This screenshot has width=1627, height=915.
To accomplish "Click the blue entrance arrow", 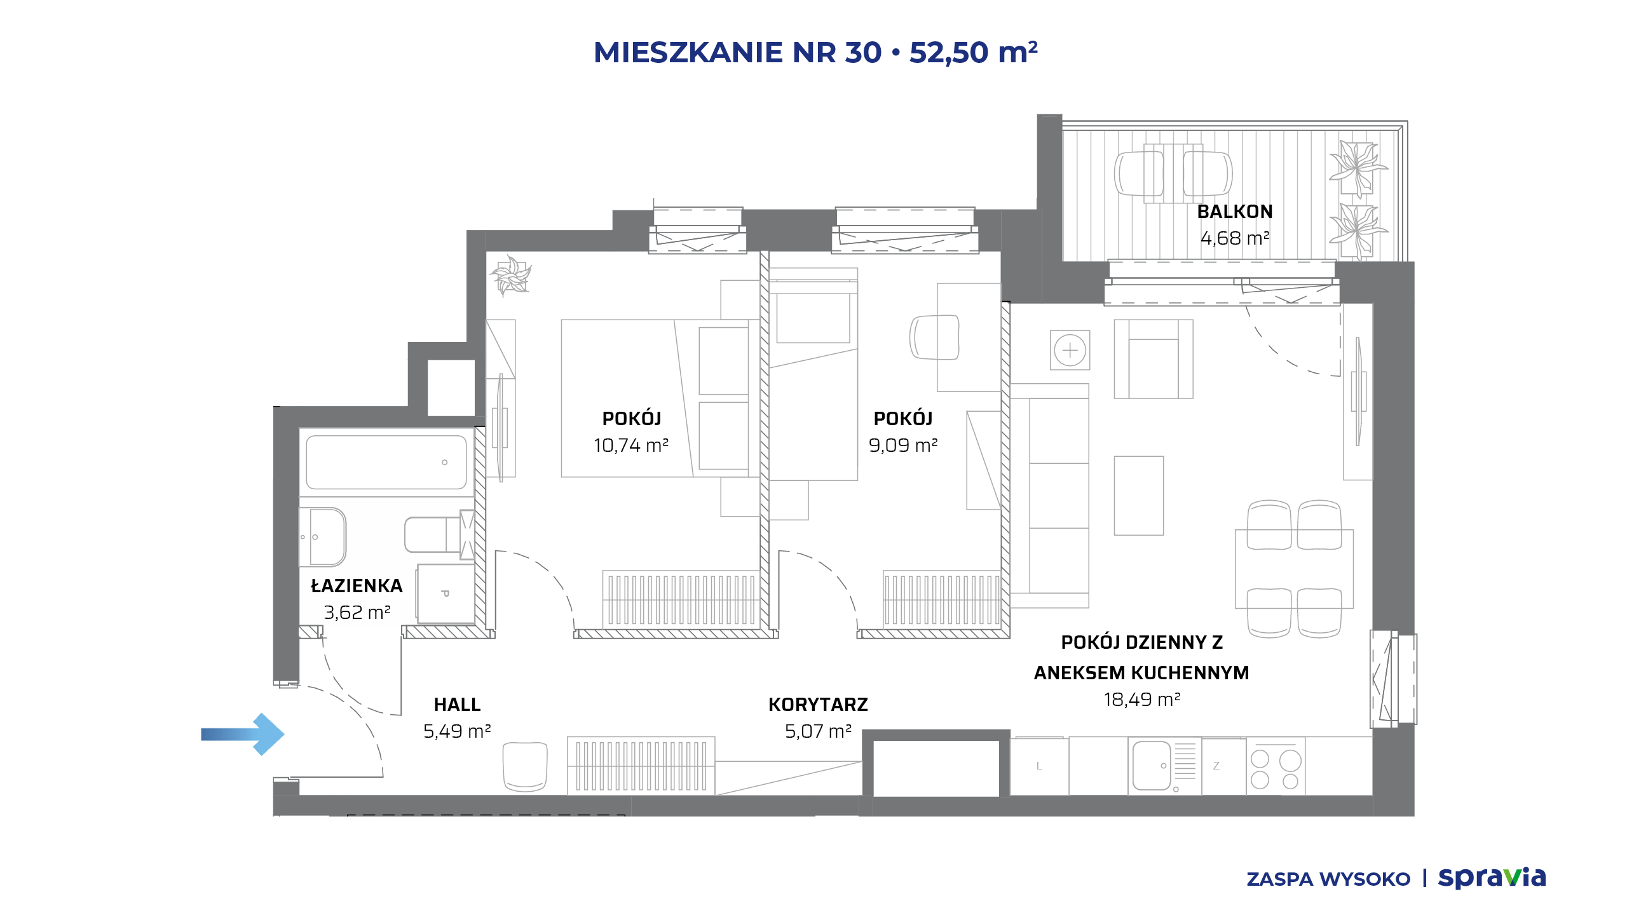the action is click(243, 735).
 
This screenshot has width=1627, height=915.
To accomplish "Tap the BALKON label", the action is click(1235, 212).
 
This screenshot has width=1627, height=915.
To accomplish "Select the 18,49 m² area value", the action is click(1142, 700).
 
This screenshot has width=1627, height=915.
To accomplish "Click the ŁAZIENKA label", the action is click(357, 585).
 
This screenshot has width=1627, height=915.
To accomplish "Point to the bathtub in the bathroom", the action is click(386, 462).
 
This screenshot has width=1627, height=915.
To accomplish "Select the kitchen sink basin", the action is click(1151, 766).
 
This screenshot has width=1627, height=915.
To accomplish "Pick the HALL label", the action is click(457, 705).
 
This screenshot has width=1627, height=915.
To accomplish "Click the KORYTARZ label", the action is click(818, 705).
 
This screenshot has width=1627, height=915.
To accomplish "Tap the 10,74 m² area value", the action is click(631, 445).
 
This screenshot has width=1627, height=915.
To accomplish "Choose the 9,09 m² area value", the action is click(903, 445).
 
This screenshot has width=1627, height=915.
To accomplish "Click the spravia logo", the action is click(1492, 878).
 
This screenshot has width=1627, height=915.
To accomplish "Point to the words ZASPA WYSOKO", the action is click(1328, 879).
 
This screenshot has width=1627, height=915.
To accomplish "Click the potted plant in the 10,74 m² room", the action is click(510, 275).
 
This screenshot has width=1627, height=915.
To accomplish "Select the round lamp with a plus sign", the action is click(1070, 350).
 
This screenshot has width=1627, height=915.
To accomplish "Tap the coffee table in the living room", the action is click(1139, 496).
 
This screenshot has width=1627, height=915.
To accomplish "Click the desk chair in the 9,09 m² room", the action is click(934, 337).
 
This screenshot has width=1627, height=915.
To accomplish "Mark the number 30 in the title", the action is click(863, 52).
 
